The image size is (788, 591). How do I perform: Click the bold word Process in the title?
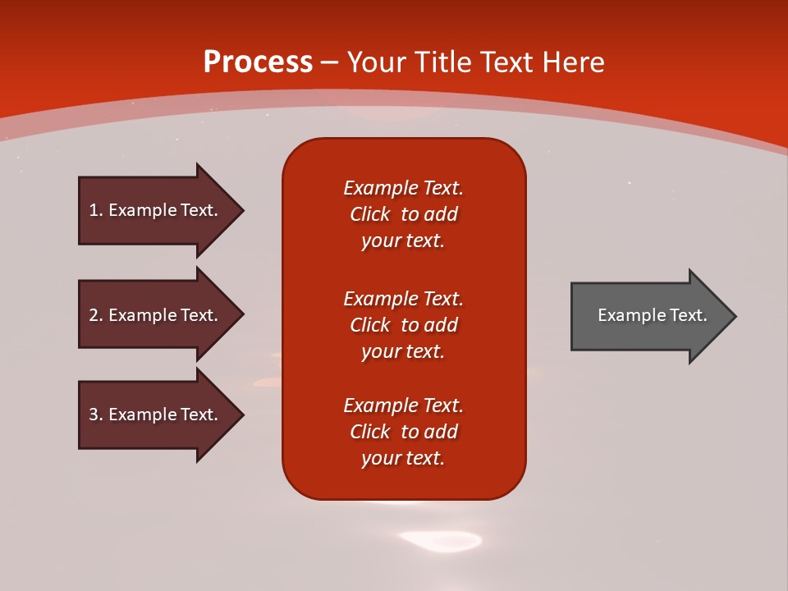pyautogui.click(x=258, y=62)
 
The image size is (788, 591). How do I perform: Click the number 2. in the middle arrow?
pyautogui.click(x=95, y=315)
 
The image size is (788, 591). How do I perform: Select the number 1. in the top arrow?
pyautogui.click(x=95, y=210)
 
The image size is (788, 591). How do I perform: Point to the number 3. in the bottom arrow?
pyautogui.click(x=95, y=415)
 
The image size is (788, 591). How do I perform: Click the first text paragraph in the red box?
pyautogui.click(x=403, y=214)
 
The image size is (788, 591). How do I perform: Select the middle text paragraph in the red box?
pyautogui.click(x=403, y=324)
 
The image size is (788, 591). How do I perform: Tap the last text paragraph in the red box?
pyautogui.click(x=403, y=432)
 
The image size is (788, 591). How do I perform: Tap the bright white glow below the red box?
pyautogui.click(x=440, y=540)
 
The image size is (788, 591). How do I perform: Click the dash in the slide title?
pyautogui.click(x=329, y=62)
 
